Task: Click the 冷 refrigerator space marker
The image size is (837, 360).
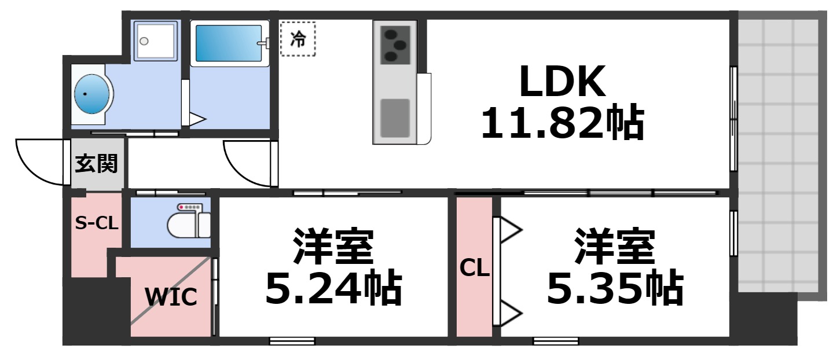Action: [x=298, y=39]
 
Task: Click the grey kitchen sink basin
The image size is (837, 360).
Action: [x=395, y=117]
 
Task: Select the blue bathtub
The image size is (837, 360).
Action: [x=230, y=43]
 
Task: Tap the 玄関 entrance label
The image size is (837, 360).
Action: [x=97, y=164]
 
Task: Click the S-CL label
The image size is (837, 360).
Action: [x=97, y=223]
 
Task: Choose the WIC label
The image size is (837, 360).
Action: [x=171, y=297]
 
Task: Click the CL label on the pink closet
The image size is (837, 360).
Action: [x=475, y=268]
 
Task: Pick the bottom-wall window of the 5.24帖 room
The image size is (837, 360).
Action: [x=292, y=341]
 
